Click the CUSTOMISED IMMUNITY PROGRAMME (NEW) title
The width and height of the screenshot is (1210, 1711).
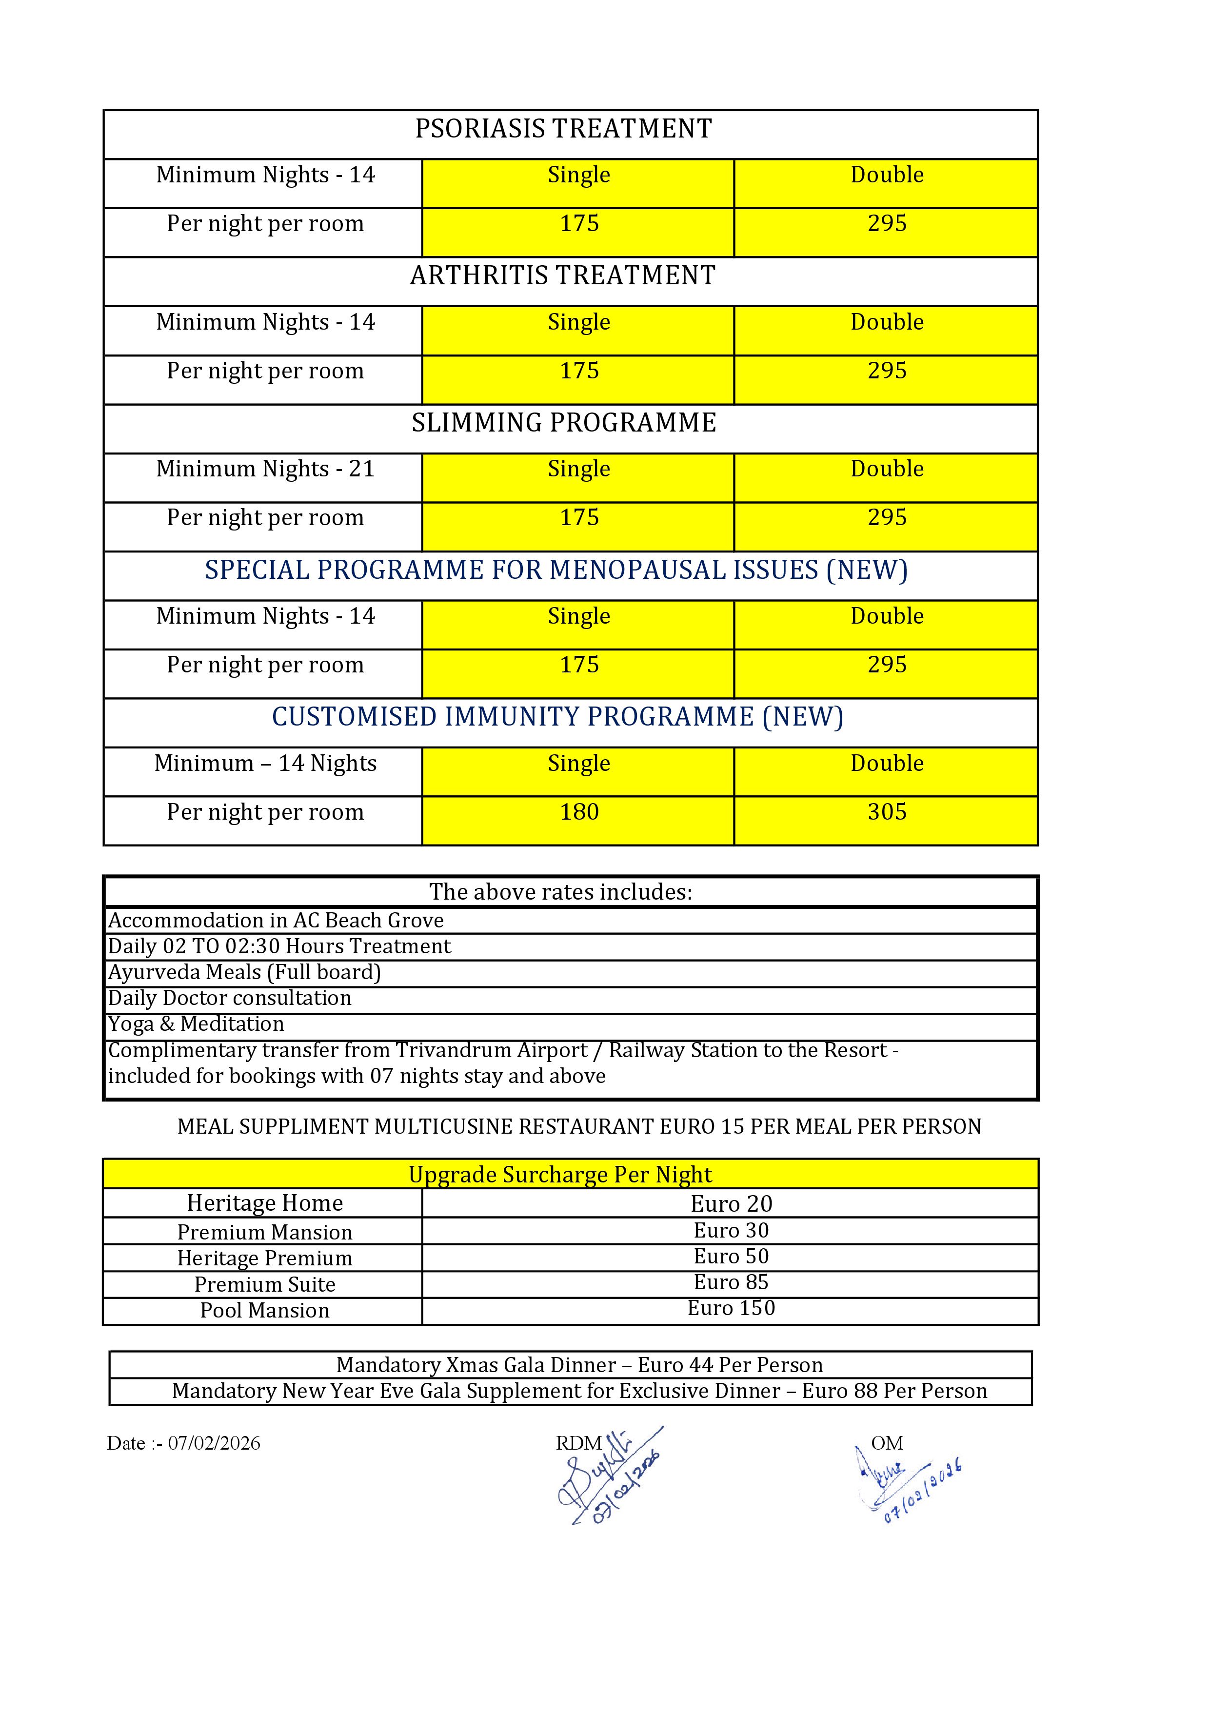(x=557, y=717)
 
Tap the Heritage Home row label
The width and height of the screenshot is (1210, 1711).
(x=265, y=1203)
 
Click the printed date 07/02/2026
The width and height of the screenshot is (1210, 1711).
(x=214, y=1443)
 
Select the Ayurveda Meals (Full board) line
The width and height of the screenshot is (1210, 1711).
(x=244, y=972)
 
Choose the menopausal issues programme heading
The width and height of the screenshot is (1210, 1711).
(x=556, y=570)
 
